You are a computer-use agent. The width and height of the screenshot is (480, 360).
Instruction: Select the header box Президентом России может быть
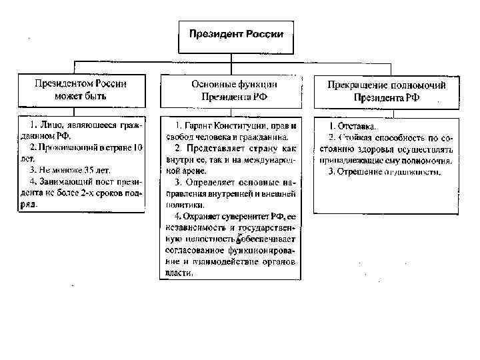pos(81,90)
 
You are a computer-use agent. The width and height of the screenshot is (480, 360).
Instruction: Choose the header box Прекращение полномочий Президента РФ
pos(386,91)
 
